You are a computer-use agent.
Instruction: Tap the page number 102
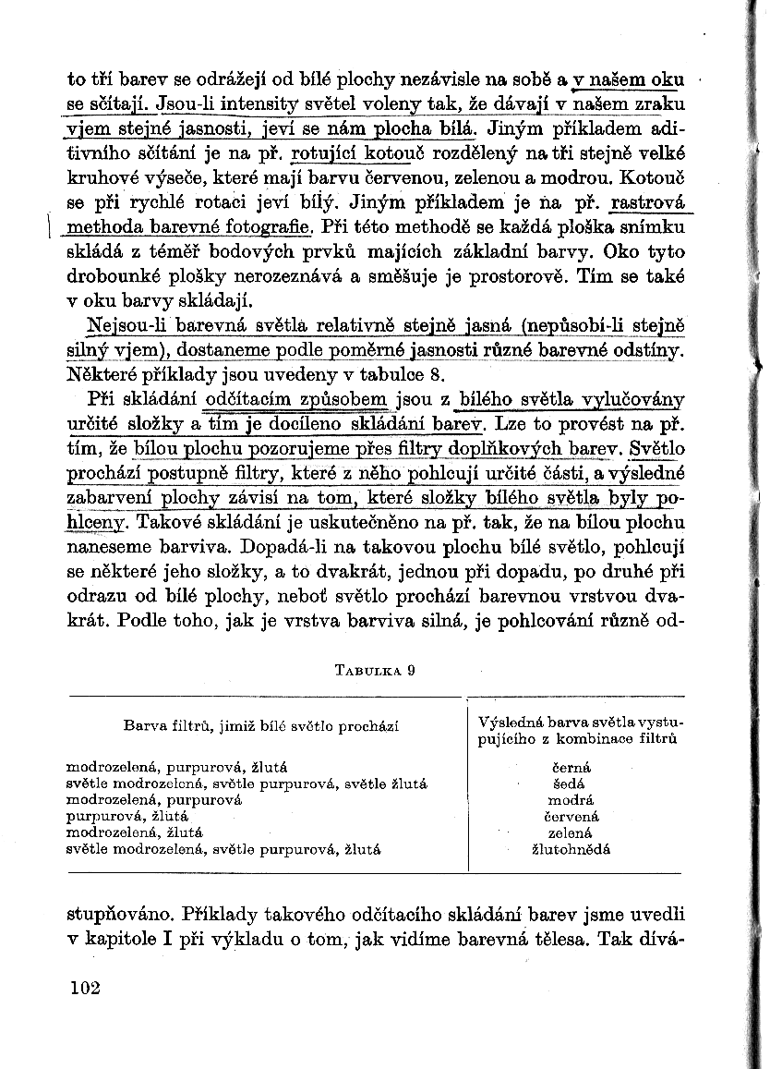pyautogui.click(x=84, y=988)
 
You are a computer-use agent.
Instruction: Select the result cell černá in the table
pyautogui.click(x=571, y=767)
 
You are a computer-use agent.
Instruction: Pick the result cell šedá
pyautogui.click(x=571, y=784)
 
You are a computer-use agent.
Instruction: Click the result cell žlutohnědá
pyautogui.click(x=571, y=849)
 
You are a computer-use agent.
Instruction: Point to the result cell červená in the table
pyautogui.click(x=571, y=816)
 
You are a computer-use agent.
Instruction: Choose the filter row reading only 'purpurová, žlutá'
pyautogui.click(x=128, y=816)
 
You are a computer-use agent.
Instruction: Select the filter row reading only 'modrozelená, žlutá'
pyautogui.click(x=136, y=832)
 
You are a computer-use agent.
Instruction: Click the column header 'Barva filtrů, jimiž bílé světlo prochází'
pyautogui.click(x=260, y=726)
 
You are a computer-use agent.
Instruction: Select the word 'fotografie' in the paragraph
pyautogui.click(x=273, y=227)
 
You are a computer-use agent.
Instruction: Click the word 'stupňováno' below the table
pyautogui.click(x=120, y=916)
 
